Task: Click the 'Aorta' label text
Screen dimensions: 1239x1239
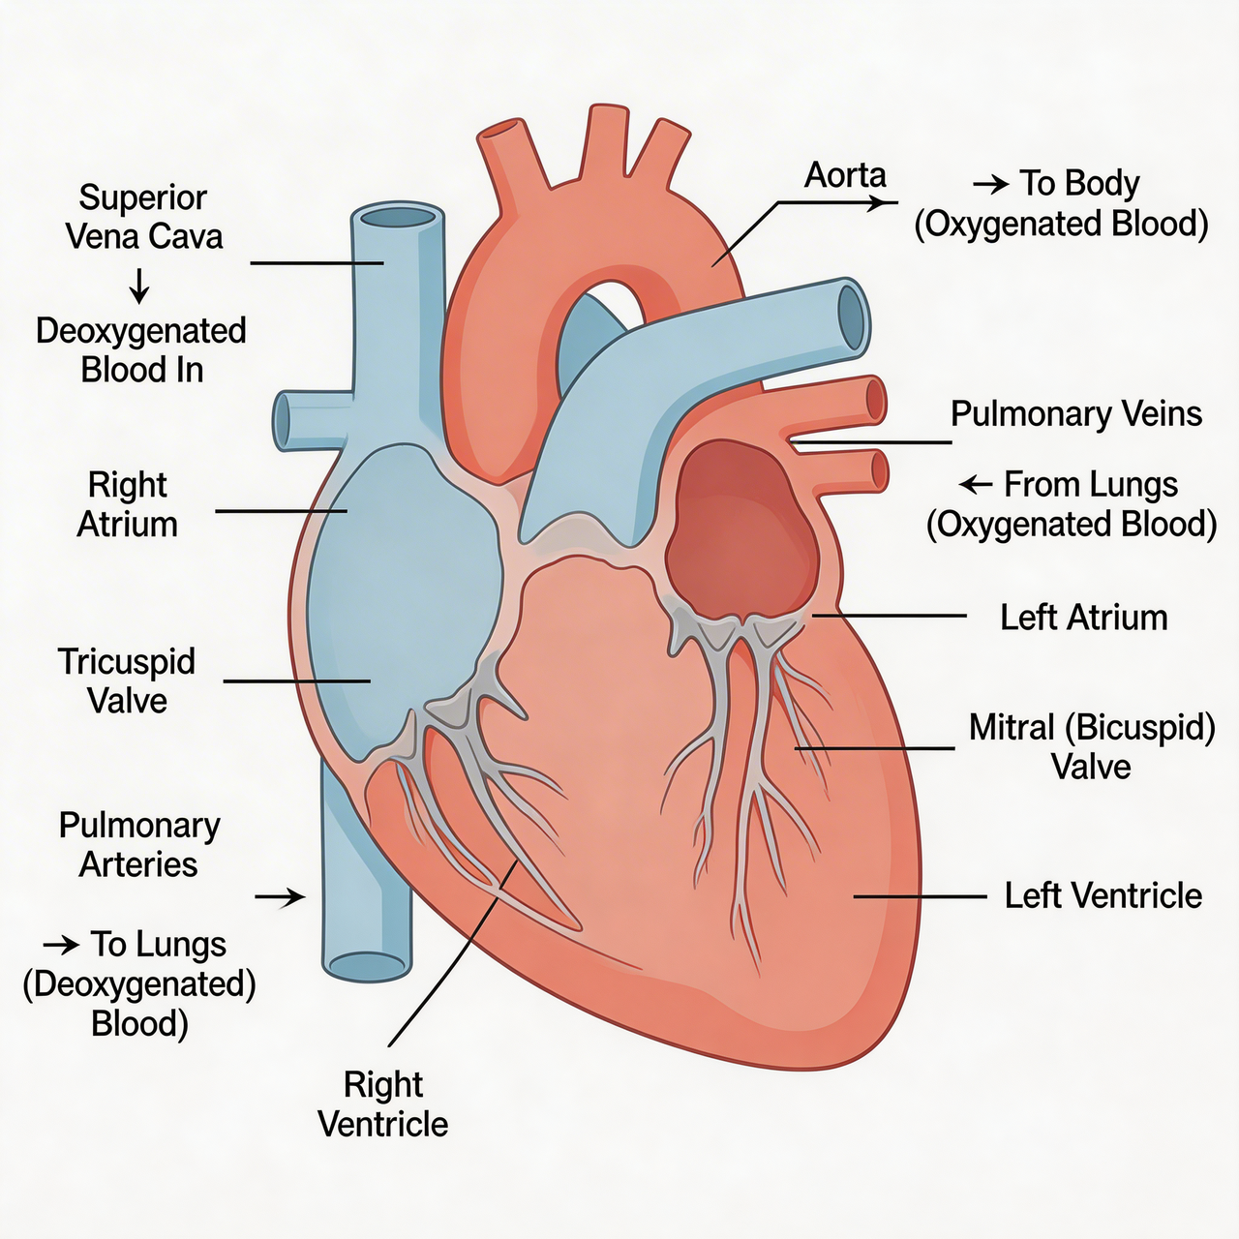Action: [x=845, y=175]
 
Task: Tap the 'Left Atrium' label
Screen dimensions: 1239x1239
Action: [x=1083, y=618]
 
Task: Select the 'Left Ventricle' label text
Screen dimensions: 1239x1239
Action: [x=1103, y=895]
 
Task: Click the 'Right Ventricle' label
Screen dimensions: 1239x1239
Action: [x=383, y=1103]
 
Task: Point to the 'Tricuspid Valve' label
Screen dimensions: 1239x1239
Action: [x=127, y=680]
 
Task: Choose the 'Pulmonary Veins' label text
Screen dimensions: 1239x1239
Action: [x=1075, y=413]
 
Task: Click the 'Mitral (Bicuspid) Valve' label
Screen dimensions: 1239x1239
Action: [x=1092, y=746]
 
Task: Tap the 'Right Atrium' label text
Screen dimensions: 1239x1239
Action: [x=127, y=504]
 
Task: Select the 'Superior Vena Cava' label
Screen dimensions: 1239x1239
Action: [x=143, y=217]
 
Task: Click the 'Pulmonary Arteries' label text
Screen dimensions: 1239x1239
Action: [x=138, y=844]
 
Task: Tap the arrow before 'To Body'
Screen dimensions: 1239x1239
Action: [x=990, y=183]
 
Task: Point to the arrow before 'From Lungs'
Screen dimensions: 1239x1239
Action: [x=976, y=484]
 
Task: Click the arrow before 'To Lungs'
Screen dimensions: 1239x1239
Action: [x=61, y=944]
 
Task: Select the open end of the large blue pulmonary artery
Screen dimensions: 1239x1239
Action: [x=853, y=315]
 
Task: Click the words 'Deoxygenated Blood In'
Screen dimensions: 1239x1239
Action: [x=141, y=349]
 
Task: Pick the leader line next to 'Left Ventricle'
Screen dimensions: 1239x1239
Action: [x=920, y=897]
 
